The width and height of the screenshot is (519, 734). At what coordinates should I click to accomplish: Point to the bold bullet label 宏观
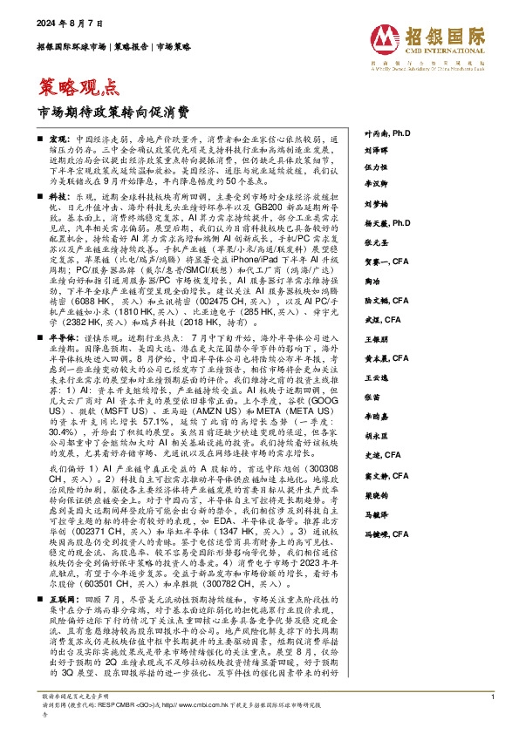(58, 139)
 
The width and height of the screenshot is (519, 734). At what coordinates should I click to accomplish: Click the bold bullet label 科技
(58, 199)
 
